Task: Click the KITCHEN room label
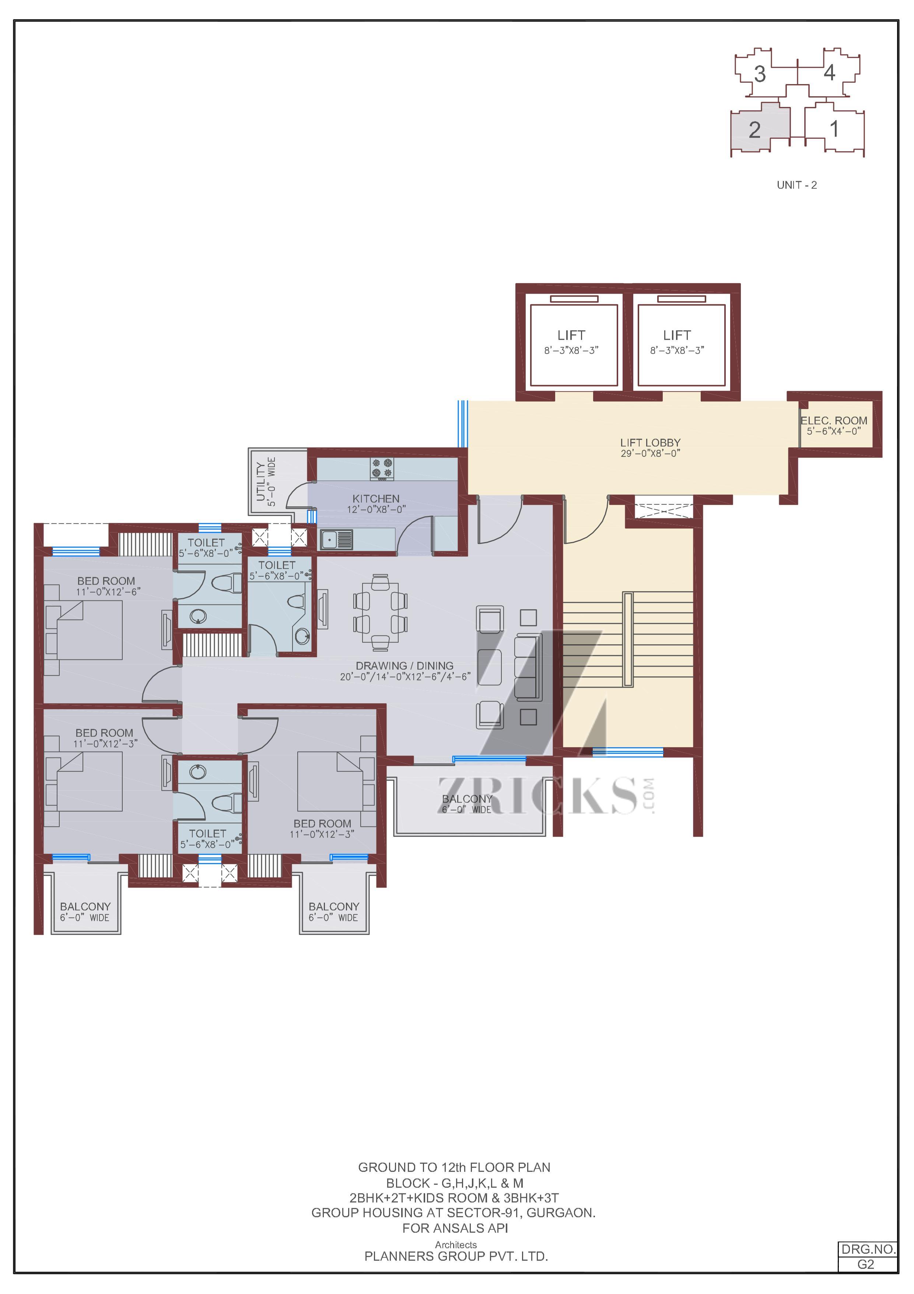[x=376, y=499]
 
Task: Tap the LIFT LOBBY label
[x=651, y=443]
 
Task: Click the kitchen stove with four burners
[x=382, y=469]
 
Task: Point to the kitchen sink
[x=336, y=540]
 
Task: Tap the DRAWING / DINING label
[x=405, y=666]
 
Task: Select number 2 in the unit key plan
[x=754, y=130]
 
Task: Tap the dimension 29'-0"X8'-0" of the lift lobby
[x=651, y=454]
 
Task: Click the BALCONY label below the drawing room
[x=467, y=799]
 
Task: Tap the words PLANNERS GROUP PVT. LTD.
[x=456, y=1256]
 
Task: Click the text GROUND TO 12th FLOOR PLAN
[x=455, y=1167]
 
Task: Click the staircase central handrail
[x=628, y=639]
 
